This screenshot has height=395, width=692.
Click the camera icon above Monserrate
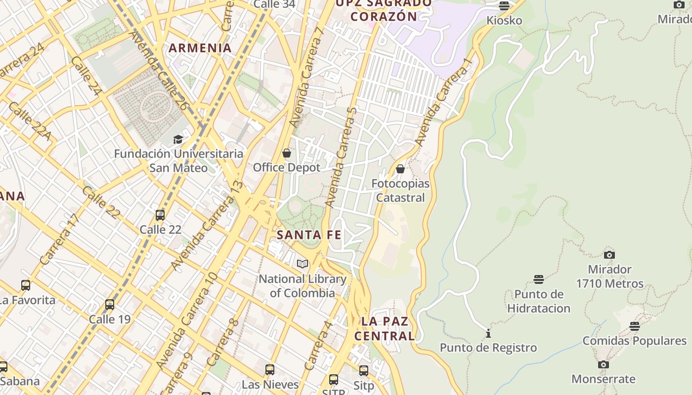(x=603, y=365)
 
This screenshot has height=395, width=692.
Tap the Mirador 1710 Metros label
(x=609, y=276)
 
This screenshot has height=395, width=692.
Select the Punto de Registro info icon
(x=488, y=334)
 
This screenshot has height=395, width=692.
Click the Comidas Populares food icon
(x=635, y=326)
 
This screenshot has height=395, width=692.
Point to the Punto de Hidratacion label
(x=539, y=301)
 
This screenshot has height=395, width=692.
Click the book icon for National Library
(x=303, y=264)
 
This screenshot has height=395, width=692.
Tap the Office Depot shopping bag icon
(x=286, y=154)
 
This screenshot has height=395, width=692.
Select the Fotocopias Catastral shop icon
(x=400, y=169)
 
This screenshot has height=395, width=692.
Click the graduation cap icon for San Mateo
(x=178, y=140)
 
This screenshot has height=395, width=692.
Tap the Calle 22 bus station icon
(x=160, y=215)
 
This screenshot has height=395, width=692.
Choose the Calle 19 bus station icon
(x=110, y=305)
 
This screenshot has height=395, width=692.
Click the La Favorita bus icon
(x=26, y=285)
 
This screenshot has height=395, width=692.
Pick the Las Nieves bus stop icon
(x=270, y=370)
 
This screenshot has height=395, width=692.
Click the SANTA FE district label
(x=309, y=235)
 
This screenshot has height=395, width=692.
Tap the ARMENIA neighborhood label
(x=200, y=48)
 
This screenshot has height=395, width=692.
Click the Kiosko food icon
(x=504, y=6)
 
